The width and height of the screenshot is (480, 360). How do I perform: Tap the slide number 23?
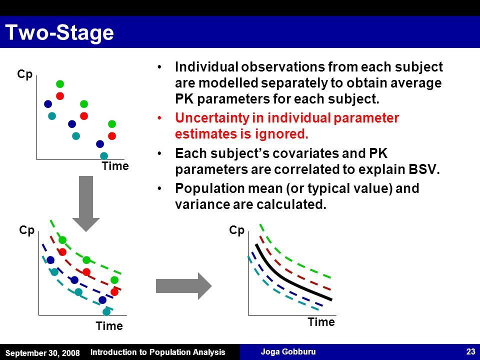[x=470, y=351]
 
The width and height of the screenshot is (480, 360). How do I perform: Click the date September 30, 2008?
[x=42, y=353]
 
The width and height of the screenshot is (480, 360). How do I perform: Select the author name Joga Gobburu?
[x=288, y=351]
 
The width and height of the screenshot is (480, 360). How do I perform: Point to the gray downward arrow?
[x=86, y=203]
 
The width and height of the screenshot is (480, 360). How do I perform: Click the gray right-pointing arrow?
[x=183, y=286]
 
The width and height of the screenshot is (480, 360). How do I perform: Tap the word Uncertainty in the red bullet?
[x=212, y=118]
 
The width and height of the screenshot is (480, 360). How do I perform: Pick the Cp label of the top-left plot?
[x=25, y=74]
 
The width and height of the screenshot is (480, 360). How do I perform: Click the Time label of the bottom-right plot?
[x=321, y=322]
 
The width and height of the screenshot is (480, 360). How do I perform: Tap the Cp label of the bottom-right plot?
[x=236, y=230]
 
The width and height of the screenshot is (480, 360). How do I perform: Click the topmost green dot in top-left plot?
[x=60, y=84]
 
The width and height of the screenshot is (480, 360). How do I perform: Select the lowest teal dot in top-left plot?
[x=104, y=156]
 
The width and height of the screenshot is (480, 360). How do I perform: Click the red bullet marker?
[x=159, y=118]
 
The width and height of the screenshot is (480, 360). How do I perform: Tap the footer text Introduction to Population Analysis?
[x=157, y=352]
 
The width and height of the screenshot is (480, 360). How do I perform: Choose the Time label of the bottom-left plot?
[x=109, y=326]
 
